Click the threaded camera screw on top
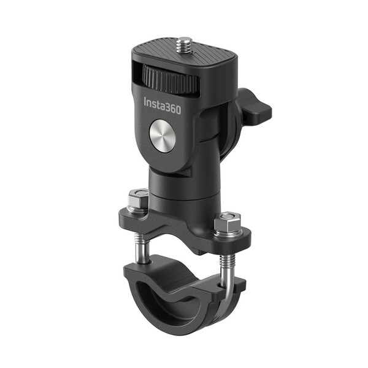184,45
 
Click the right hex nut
229,221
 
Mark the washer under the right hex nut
229,231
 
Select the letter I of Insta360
145,102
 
